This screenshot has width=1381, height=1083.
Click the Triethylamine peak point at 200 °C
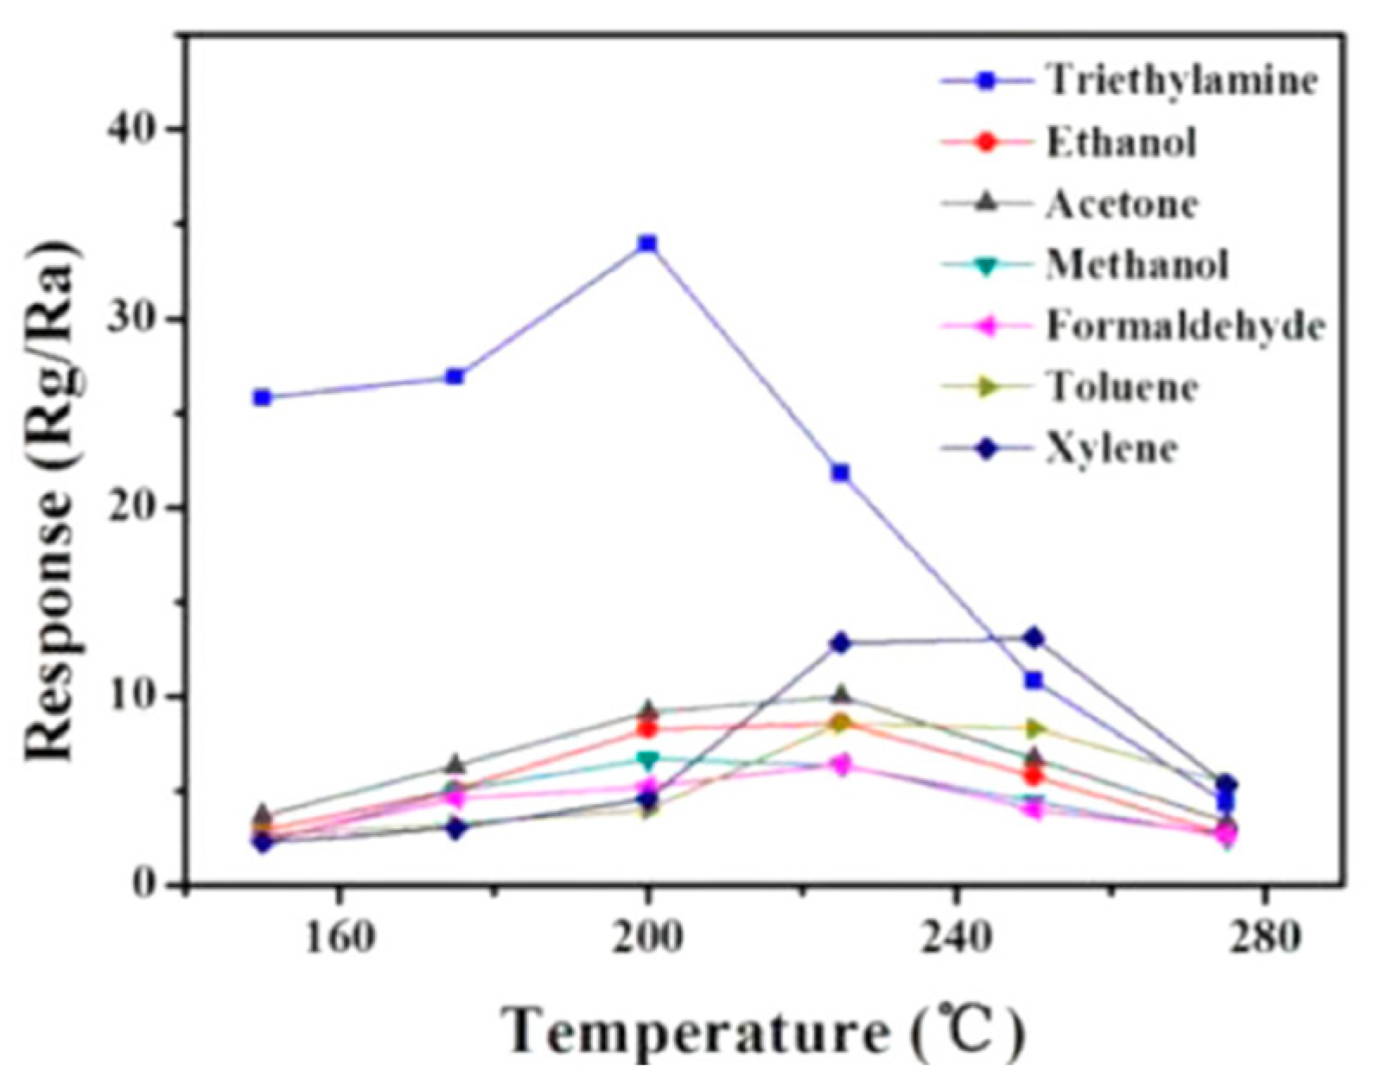coord(647,244)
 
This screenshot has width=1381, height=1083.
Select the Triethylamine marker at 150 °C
coord(262,397)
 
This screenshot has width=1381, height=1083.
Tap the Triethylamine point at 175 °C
coord(455,377)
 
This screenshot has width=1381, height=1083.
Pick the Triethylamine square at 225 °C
coord(840,472)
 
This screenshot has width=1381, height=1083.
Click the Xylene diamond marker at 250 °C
coord(1033,638)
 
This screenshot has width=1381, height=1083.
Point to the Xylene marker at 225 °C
coord(840,643)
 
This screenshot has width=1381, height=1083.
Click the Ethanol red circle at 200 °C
coord(647,729)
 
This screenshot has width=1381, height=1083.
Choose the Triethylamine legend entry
coord(1182,80)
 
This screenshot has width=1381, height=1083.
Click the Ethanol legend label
coord(1122,142)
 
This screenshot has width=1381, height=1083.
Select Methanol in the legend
coord(1136,264)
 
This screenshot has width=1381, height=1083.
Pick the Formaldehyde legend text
coord(1185,326)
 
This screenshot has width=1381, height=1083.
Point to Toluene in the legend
coord(1122,387)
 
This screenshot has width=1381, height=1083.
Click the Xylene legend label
coord(1111,449)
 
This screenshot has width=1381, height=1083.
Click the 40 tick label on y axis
coord(131,129)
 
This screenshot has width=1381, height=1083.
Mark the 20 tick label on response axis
coord(131,508)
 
